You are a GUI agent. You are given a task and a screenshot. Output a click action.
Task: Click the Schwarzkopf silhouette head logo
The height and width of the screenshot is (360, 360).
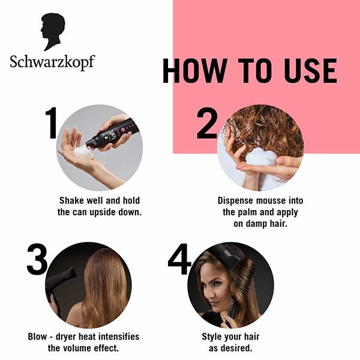(x=52, y=32)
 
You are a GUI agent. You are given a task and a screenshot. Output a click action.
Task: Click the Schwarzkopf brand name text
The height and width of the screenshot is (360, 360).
(x=52, y=61)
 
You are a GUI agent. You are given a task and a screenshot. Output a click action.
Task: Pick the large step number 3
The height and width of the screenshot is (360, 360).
(x=37, y=259)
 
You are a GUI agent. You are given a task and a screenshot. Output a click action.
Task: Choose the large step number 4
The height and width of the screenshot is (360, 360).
(x=179, y=259)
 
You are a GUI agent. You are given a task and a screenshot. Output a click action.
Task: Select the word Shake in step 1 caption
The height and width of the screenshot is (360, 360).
(x=72, y=200)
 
